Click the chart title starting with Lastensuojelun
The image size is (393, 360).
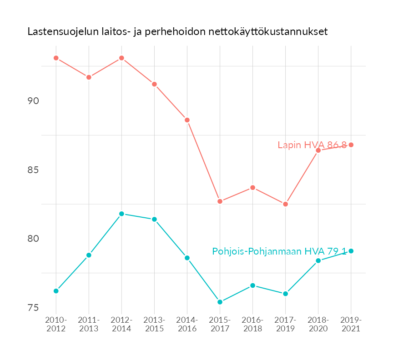click(x=177, y=32)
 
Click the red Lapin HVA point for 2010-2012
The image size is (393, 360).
click(x=56, y=58)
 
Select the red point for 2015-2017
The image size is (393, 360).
click(x=220, y=201)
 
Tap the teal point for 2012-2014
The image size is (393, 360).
click(x=121, y=214)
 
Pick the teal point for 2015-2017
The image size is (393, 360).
click(x=220, y=302)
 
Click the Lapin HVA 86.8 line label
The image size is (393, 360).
click(x=312, y=145)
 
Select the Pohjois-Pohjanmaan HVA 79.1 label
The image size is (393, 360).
click(x=279, y=251)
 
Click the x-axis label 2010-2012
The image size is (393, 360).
click(x=56, y=324)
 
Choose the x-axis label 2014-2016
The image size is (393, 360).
click(x=187, y=324)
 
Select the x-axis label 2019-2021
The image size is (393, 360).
click(x=351, y=324)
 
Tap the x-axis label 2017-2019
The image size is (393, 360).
click(x=285, y=324)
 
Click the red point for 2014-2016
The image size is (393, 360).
click(x=187, y=120)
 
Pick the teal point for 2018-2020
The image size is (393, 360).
click(x=318, y=260)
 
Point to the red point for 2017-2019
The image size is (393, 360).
click(x=285, y=204)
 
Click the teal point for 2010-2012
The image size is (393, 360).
click(x=56, y=291)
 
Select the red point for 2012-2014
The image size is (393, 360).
click(x=121, y=58)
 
